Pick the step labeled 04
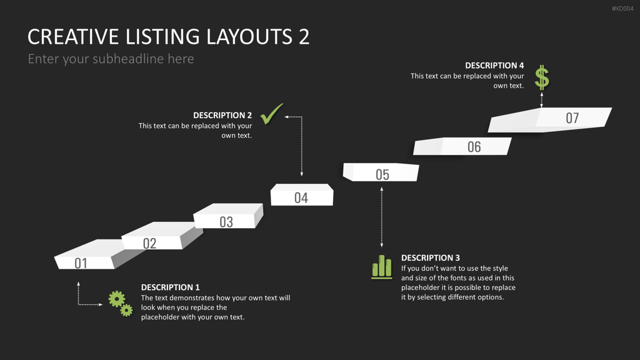[x=302, y=195]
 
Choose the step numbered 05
[x=381, y=172]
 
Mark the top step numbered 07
[x=549, y=119]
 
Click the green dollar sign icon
[x=542, y=77]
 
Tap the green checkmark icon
[x=271, y=114]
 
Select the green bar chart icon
[x=382, y=267]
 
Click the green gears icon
[x=121, y=304]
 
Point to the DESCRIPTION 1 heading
[x=170, y=287]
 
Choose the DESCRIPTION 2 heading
[x=222, y=115]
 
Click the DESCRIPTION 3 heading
[x=430, y=258]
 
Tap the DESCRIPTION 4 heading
[x=494, y=65]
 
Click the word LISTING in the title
[x=163, y=37]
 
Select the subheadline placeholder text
[x=111, y=59]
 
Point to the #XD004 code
[x=622, y=9]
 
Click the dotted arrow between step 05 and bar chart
[x=382, y=217]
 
